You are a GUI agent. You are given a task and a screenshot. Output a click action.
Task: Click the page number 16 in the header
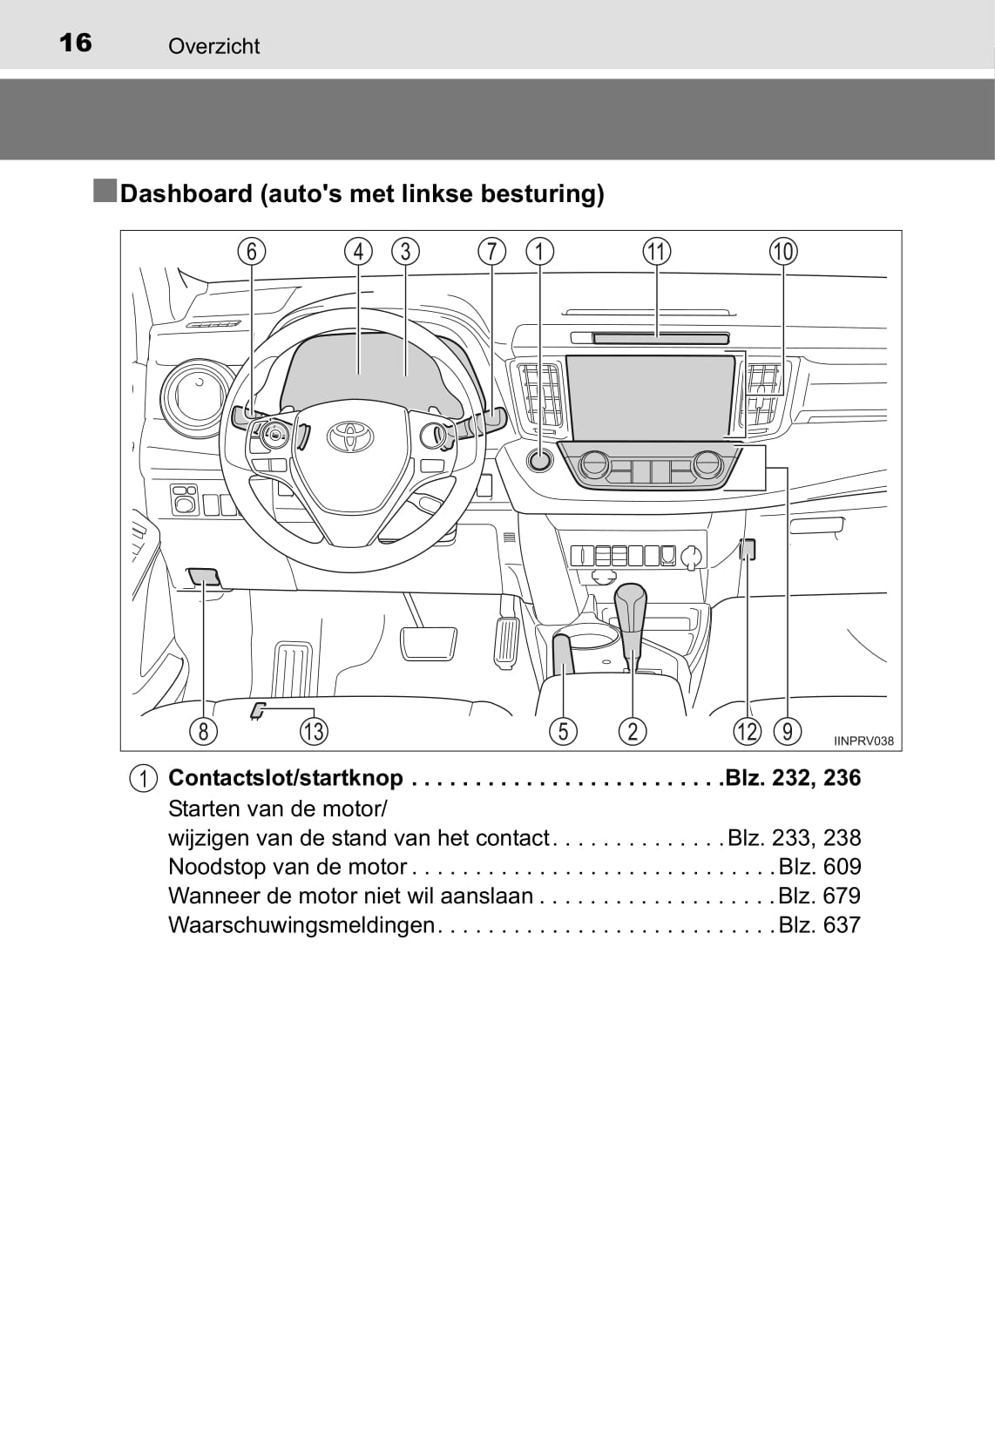point(75,43)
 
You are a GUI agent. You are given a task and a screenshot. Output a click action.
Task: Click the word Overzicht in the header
point(214,46)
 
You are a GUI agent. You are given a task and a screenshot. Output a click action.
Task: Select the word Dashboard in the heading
point(186,193)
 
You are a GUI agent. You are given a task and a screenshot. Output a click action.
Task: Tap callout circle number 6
point(252,251)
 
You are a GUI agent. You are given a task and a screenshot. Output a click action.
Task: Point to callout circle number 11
point(656,251)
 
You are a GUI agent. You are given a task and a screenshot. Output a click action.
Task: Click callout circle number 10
point(783,251)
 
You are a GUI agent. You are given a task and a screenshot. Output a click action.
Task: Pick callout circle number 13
point(314,732)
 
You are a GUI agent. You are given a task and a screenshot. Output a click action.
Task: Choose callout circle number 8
point(203,732)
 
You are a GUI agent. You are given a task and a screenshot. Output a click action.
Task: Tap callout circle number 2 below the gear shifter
point(633,732)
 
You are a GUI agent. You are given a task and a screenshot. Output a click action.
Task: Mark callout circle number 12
point(748,732)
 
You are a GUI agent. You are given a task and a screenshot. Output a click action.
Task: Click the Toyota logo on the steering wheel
point(350,436)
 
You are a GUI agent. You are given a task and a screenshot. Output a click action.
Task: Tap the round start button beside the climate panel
point(539,460)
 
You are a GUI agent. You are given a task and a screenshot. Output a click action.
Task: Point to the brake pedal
point(428,643)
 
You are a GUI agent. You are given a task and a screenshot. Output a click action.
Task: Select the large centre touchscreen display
point(650,396)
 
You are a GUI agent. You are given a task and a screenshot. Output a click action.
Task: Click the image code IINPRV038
point(863,741)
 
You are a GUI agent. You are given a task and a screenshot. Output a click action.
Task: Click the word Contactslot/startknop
point(286,778)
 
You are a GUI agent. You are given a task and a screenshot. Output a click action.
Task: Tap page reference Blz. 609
point(819,867)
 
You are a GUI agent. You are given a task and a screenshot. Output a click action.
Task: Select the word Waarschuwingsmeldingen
point(301,925)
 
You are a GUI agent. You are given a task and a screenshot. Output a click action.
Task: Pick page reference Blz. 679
point(819,896)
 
